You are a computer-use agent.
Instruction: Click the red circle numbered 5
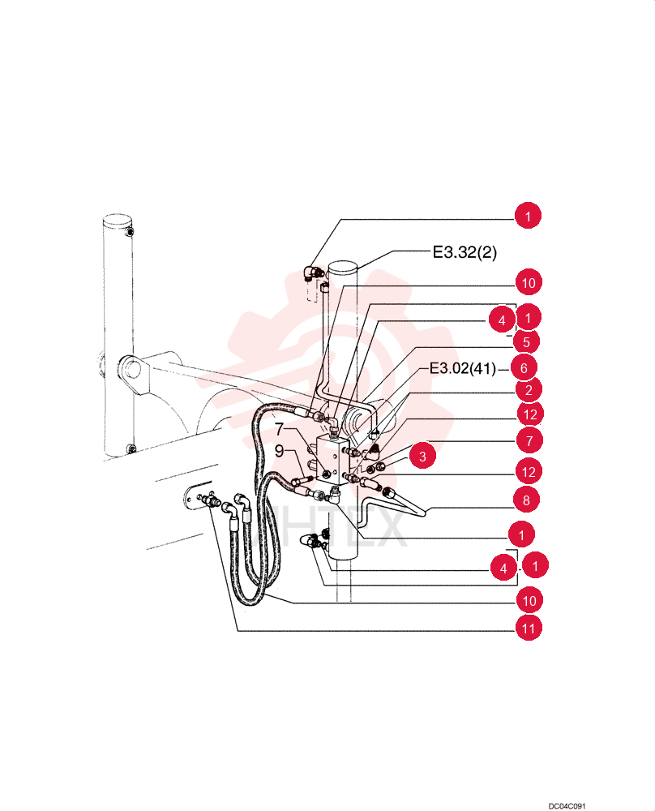pos(526,342)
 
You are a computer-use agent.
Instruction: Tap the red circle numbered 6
pos(524,367)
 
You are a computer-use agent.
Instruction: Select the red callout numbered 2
pos(529,390)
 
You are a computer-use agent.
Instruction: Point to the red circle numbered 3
pos(422,456)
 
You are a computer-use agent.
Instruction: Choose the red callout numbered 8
pos(526,500)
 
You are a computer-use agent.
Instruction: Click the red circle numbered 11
pos(529,628)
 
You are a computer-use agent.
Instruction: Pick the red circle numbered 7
pos(529,440)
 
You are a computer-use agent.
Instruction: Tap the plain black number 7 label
pos(279,429)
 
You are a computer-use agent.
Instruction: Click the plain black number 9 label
pos(279,451)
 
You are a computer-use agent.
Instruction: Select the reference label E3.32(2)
pos(464,252)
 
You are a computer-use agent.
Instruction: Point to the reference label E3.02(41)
pos(463,368)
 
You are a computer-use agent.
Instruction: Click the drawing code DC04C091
pos(567,806)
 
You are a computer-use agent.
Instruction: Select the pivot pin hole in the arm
pos(132,369)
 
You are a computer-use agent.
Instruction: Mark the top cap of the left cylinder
pos(117,221)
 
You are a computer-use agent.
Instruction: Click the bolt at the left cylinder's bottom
pos(131,449)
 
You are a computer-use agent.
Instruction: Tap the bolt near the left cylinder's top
pos(131,231)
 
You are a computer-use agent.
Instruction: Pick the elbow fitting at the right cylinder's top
pos(313,272)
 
